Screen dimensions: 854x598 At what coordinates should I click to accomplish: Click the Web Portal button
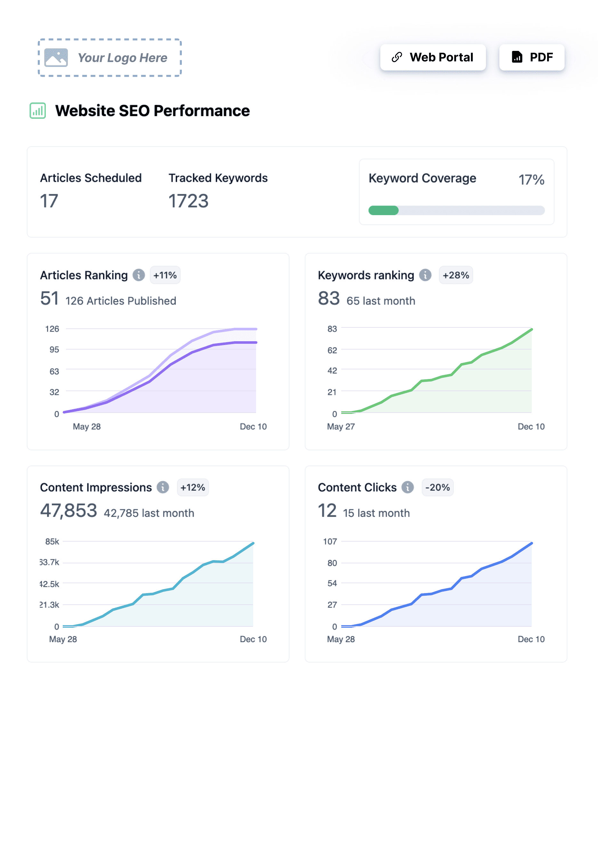coord(432,57)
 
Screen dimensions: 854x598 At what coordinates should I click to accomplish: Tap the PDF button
coord(531,57)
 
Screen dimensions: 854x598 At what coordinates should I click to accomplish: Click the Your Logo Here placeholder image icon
coord(56,58)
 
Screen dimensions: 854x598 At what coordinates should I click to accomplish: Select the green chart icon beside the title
coord(37,111)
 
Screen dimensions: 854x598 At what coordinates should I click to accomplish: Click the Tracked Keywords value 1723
coord(188,201)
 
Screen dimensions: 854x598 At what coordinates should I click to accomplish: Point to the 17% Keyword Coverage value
coord(531,180)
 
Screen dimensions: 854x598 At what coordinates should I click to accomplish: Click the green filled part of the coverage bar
coord(383,211)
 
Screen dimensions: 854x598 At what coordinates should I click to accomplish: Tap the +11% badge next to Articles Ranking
coord(165,275)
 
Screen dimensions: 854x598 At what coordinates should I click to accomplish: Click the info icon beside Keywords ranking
coord(425,275)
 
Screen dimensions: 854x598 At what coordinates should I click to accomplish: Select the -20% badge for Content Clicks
coord(437,487)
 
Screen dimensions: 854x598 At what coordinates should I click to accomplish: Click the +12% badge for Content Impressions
coord(193,487)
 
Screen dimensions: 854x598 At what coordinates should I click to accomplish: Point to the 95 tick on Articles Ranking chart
coord(54,350)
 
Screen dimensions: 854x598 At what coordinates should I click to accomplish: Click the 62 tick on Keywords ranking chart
coord(332,350)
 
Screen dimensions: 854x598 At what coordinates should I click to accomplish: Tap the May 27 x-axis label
coord(341,427)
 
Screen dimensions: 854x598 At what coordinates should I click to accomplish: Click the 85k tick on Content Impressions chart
coord(52,542)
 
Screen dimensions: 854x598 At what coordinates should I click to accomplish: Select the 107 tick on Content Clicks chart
coord(330,542)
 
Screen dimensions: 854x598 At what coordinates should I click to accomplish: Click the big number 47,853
coord(69,511)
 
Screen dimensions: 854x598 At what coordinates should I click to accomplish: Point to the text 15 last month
coord(376,513)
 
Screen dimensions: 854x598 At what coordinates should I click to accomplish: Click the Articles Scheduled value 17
coord(49,201)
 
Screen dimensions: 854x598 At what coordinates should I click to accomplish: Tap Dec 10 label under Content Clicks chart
coord(531,640)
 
